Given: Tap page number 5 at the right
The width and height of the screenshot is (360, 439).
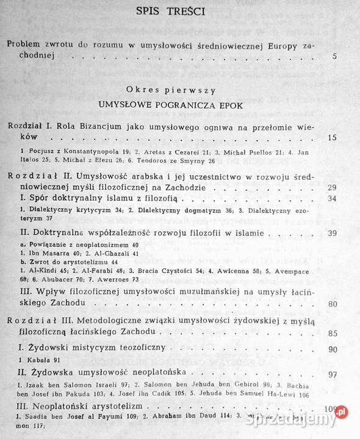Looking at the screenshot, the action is point(335,57).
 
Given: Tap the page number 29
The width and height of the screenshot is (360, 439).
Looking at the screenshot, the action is point(333,188).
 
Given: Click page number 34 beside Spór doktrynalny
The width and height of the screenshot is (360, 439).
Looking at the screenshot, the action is point(333,199).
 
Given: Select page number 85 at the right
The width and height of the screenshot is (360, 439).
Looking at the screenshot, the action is point(333,334).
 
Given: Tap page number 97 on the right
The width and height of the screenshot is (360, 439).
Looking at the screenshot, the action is point(333,374).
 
